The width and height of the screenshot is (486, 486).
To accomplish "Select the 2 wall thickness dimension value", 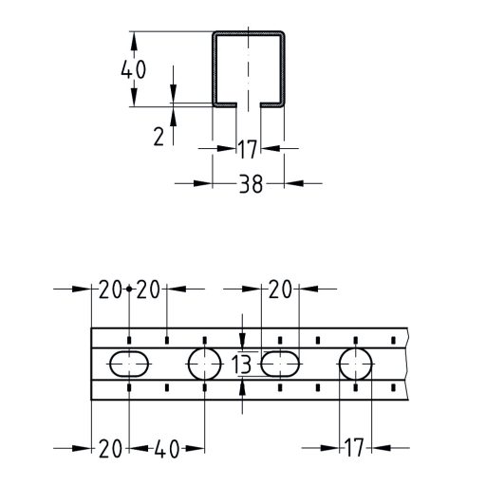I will click(x=159, y=135).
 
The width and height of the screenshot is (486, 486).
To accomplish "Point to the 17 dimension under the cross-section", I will click(x=249, y=148).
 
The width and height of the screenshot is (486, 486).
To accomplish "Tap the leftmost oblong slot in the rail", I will click(x=128, y=363).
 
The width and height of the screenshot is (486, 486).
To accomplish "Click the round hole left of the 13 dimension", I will click(x=203, y=363).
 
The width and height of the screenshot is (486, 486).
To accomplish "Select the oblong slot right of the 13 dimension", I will click(x=280, y=363).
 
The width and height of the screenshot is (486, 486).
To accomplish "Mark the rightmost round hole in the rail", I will click(x=356, y=363).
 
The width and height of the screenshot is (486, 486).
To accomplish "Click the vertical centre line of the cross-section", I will click(x=249, y=71).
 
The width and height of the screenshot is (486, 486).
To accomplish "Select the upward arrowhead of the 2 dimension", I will click(x=174, y=114).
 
